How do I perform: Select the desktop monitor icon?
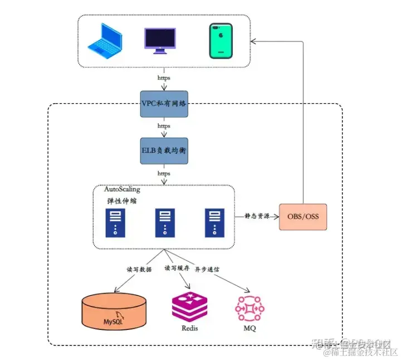click(x=160, y=40)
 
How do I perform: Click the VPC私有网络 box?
click(x=164, y=104)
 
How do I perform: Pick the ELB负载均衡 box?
click(x=164, y=150)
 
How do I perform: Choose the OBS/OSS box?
click(x=303, y=216)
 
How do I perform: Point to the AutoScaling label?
click(x=122, y=190)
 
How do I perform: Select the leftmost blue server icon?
click(x=115, y=222)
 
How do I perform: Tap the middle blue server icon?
click(x=164, y=222)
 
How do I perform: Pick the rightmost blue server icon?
click(x=213, y=222)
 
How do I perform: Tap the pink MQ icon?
click(x=249, y=308)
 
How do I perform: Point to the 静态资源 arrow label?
click(x=257, y=216)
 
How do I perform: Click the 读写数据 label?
click(x=139, y=269)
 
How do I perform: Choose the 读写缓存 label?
click(x=177, y=268)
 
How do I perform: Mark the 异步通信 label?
click(x=207, y=269)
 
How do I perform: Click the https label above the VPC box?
click(x=164, y=79)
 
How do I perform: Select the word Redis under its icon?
click(x=189, y=328)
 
